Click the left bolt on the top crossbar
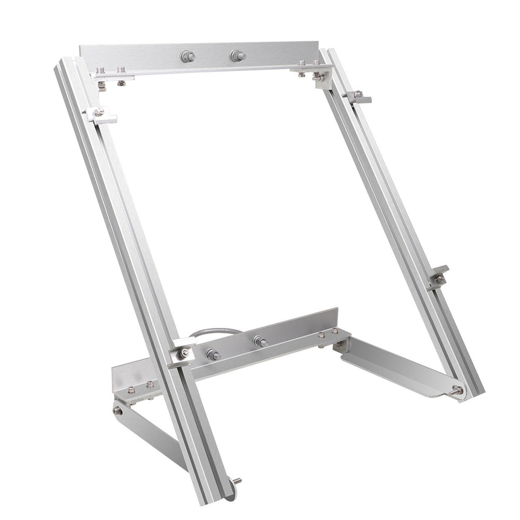coord(186,55)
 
